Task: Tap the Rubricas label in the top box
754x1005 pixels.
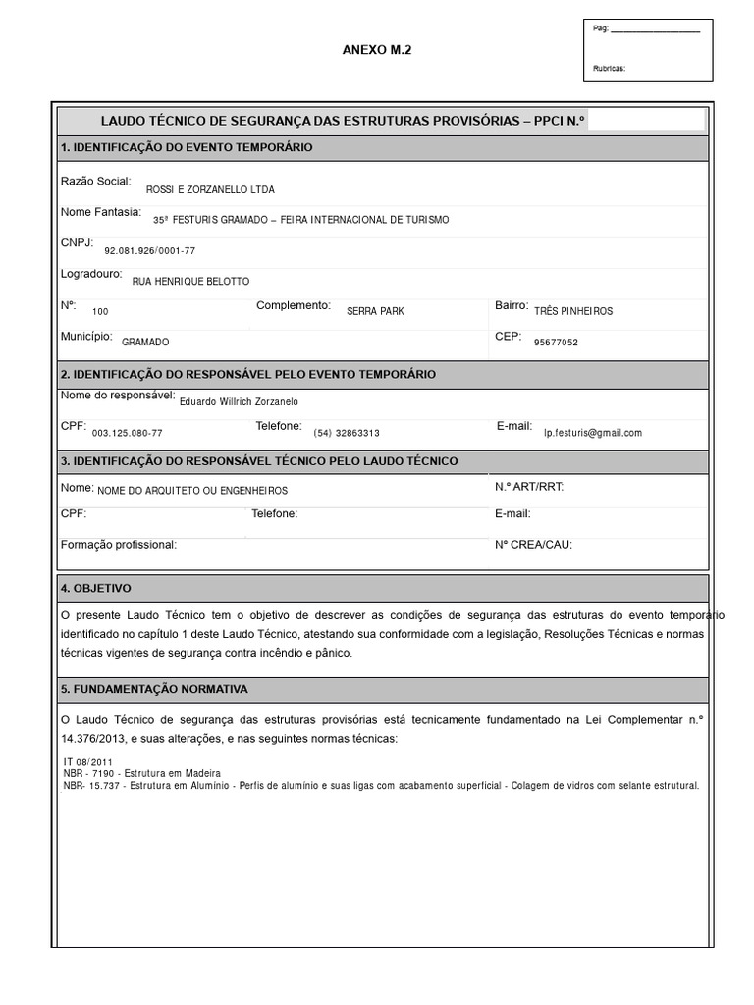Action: click(610, 69)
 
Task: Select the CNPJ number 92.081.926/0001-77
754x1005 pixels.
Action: click(150, 251)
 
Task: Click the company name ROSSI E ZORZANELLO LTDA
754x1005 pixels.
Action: click(210, 189)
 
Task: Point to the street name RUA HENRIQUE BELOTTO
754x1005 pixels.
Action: click(190, 282)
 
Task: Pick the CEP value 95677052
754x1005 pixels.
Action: click(556, 343)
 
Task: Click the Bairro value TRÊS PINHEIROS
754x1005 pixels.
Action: click(573, 311)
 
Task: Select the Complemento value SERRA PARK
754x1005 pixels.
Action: click(375, 311)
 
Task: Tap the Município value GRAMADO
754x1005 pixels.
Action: click(145, 343)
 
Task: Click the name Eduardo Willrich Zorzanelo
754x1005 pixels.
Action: click(239, 401)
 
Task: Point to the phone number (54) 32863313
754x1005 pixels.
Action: click(347, 433)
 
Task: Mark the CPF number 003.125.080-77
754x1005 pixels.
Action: click(128, 433)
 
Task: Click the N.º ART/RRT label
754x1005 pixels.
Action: click(529, 487)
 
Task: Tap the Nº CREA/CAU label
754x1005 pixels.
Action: click(533, 544)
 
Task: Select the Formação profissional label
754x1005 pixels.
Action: click(119, 544)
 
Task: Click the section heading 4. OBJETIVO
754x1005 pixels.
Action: click(95, 588)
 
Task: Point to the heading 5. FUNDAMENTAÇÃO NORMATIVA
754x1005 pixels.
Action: click(154, 690)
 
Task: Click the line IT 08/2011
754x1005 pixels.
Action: click(87, 761)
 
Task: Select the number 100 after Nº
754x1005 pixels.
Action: click(101, 311)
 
